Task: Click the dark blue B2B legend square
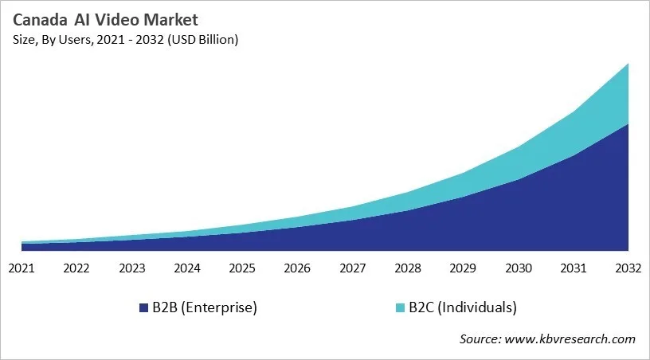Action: coord(143,307)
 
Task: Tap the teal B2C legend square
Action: coord(400,307)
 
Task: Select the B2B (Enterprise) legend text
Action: coord(205,307)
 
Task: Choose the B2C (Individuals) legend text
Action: coord(463,307)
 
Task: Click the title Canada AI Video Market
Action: coord(105,20)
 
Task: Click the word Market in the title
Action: coord(170,20)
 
